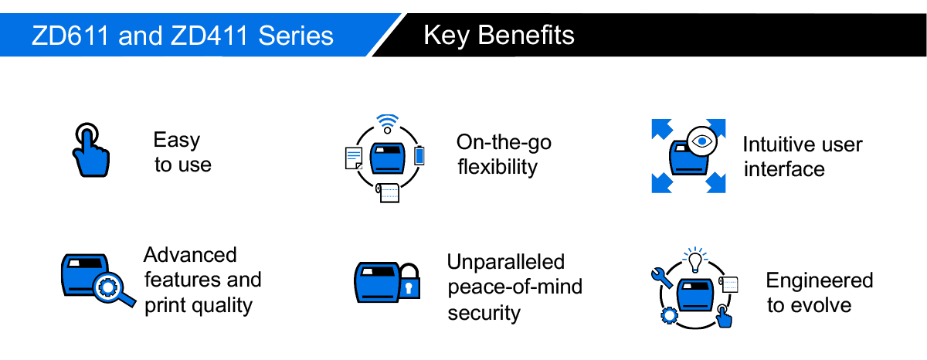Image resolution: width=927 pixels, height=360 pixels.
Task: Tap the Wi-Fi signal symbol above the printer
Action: pyautogui.click(x=387, y=124)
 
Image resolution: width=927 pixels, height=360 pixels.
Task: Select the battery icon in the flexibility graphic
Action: pyautogui.click(x=419, y=155)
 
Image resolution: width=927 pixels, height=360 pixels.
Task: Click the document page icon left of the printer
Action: pyautogui.click(x=354, y=158)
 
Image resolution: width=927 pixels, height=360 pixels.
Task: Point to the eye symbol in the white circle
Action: pyautogui.click(x=702, y=141)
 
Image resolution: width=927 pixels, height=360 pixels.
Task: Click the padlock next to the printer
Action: pyautogui.click(x=409, y=281)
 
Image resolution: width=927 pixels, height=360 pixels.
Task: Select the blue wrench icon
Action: pyautogui.click(x=661, y=277)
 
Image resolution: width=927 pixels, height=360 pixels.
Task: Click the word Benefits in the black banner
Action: pyautogui.click(x=525, y=36)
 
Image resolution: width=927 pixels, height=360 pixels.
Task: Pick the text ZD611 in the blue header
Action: pyautogui.click(x=70, y=36)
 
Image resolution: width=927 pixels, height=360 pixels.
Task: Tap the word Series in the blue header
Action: pyautogui.click(x=295, y=36)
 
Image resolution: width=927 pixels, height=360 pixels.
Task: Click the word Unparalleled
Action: pyautogui.click(x=506, y=262)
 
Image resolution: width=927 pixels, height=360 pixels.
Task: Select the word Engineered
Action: pyautogui.click(x=820, y=280)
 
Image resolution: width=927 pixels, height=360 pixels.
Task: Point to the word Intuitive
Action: pyautogui.click(x=773, y=144)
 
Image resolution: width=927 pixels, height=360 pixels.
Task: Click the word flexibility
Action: pyautogui.click(x=497, y=167)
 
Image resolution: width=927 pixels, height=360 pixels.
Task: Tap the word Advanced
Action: pyautogui.click(x=190, y=254)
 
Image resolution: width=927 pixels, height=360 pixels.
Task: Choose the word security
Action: pyautogui.click(x=484, y=313)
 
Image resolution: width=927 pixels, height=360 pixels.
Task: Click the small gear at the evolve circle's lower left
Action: pyautogui.click(x=669, y=316)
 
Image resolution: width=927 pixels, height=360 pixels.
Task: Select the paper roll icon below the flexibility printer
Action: pyautogui.click(x=388, y=193)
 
